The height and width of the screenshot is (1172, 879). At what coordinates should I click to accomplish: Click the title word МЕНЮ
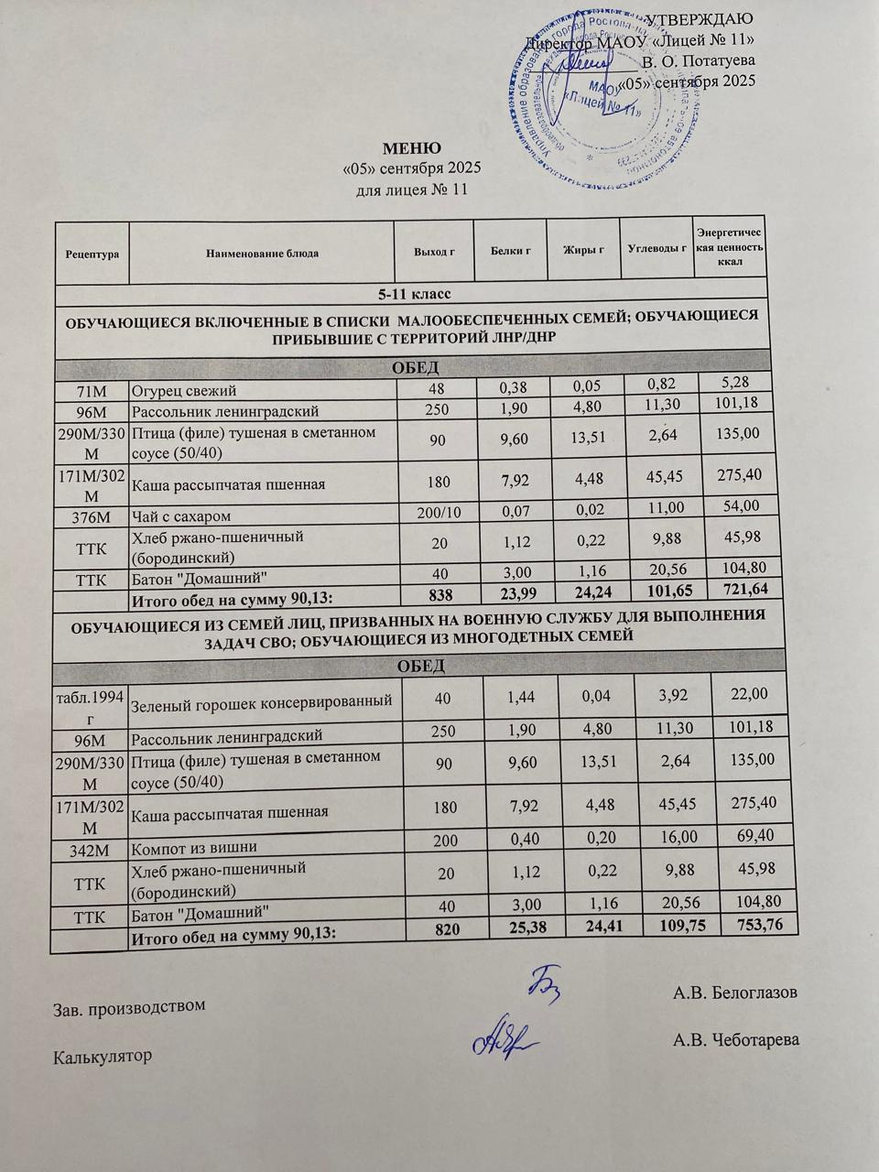(x=411, y=148)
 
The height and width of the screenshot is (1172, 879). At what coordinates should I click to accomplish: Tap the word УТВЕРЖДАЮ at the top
(x=700, y=20)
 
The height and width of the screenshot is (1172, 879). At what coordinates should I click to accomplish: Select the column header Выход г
(x=435, y=252)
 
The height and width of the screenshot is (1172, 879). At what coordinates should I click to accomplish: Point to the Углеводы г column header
(x=657, y=249)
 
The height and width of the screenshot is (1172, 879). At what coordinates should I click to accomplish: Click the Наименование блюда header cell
(x=262, y=253)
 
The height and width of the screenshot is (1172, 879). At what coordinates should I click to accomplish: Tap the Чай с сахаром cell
(x=181, y=517)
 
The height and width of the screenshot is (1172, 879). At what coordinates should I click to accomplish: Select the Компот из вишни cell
(x=194, y=847)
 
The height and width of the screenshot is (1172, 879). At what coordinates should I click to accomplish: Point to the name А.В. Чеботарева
(x=736, y=1040)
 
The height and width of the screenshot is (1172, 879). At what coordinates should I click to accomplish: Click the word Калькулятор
(x=103, y=1056)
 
